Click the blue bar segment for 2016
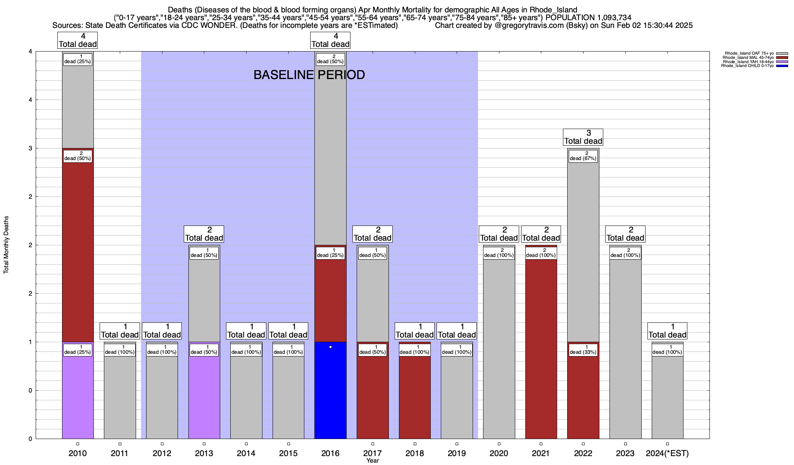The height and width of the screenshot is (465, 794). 330,391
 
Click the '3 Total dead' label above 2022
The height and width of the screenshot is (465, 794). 583,137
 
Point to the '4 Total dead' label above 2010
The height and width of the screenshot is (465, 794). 78,40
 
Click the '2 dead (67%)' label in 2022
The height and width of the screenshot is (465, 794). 583,156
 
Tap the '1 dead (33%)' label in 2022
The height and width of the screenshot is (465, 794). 583,350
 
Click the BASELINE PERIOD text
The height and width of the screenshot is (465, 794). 309,75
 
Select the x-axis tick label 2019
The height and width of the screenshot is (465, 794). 457,453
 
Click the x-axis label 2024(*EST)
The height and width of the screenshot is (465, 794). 667,453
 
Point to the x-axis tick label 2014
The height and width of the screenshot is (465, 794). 246,453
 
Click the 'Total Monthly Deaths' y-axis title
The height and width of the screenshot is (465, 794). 6,245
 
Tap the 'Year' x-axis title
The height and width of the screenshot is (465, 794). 373,461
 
